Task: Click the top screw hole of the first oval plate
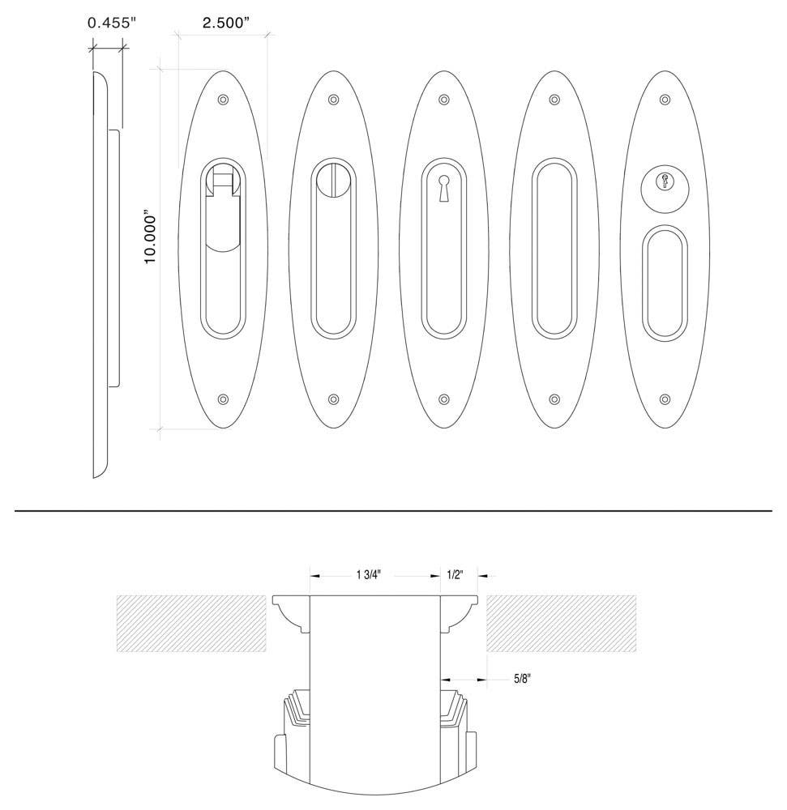coord(223,100)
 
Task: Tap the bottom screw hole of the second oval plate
coord(333,399)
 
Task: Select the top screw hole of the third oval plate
coord(443,100)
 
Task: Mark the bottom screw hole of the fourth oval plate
coord(554,399)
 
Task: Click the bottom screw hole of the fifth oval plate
coord(665,399)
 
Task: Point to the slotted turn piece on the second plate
coord(333,177)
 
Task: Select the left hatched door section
coord(191,623)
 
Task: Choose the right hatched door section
coord(561,623)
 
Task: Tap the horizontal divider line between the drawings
coord(393,511)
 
